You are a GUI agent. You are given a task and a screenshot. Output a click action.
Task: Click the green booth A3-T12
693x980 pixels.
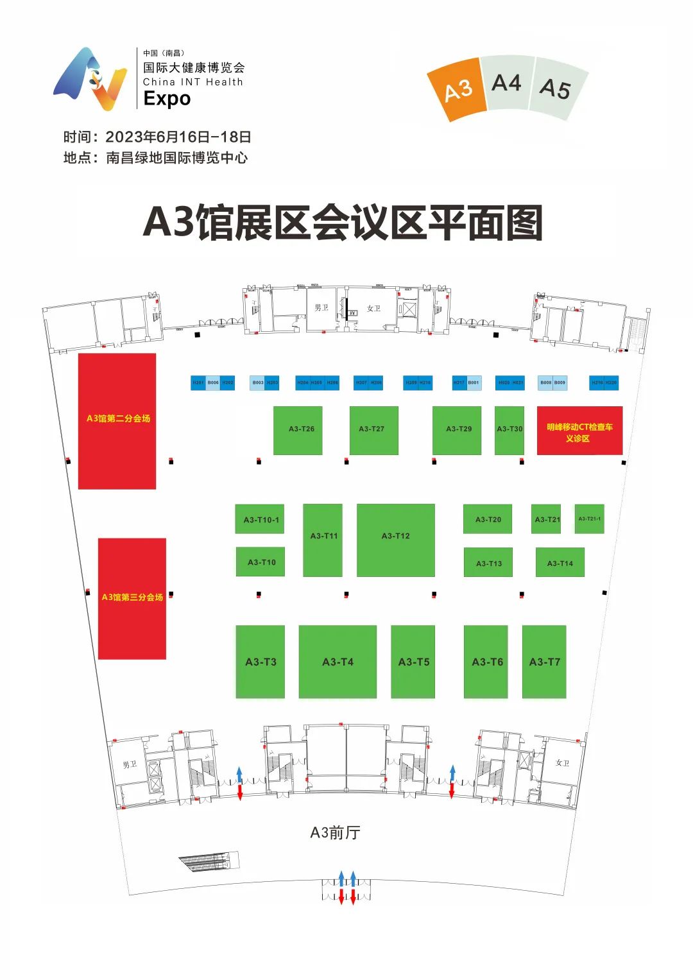395,540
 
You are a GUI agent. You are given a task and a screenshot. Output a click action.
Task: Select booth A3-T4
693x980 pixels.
338,662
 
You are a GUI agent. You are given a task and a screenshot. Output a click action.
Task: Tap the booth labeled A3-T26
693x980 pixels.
298,430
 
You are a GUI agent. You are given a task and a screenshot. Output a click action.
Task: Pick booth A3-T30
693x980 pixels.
509,430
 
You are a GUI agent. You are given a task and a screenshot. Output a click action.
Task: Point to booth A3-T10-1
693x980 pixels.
260,519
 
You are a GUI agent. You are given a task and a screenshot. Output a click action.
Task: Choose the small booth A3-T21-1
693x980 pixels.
589,519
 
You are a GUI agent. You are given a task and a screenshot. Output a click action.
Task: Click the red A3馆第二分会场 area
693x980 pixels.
117,421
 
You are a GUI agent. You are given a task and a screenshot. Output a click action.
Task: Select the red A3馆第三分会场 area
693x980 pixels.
132,598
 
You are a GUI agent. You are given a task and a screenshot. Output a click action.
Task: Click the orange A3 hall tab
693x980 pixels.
458,90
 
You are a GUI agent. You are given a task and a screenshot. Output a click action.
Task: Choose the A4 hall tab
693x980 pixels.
506,83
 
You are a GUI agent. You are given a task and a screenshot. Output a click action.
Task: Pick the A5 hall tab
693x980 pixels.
556,89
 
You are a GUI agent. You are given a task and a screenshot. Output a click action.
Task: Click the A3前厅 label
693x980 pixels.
335,832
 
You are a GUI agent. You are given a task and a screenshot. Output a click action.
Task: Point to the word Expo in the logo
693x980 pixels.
167,98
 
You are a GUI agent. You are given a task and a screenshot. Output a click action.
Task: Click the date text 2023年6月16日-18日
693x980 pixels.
178,137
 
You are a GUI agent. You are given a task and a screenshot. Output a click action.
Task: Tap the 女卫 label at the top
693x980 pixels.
373,309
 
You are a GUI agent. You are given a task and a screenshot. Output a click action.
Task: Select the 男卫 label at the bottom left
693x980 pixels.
130,764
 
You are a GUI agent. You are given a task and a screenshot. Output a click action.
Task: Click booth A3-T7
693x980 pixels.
544,662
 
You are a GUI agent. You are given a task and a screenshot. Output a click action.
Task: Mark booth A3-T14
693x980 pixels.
560,563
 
